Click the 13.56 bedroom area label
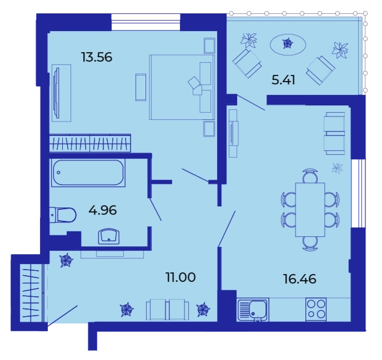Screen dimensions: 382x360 coord(97,57)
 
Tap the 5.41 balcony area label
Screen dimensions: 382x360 coord(283,80)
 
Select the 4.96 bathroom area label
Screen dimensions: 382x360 coord(103,210)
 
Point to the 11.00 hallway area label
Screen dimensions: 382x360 coord(180,277)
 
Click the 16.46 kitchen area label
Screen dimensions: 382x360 coord(300,279)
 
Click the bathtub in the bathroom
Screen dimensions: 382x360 coord(88,173)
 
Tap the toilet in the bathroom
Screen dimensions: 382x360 coord(63,215)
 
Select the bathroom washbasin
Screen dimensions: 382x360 coord(109,236)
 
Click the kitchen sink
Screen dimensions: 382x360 coord(253,310)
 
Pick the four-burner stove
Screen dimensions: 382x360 coord(316,310)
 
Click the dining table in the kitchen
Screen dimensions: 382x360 coord(310,210)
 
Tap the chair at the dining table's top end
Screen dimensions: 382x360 coord(310,175)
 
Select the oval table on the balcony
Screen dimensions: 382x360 coord(288,44)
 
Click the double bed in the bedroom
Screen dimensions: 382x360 coord(182,87)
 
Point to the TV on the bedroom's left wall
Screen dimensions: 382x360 coord(57,93)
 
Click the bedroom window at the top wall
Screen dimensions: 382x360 coord(145,22)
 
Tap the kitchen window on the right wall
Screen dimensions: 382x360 coord(358,193)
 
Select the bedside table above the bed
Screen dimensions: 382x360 coord(209,45)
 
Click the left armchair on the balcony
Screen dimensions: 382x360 coord(247,63)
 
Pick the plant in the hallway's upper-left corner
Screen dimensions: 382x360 coord(66,261)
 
